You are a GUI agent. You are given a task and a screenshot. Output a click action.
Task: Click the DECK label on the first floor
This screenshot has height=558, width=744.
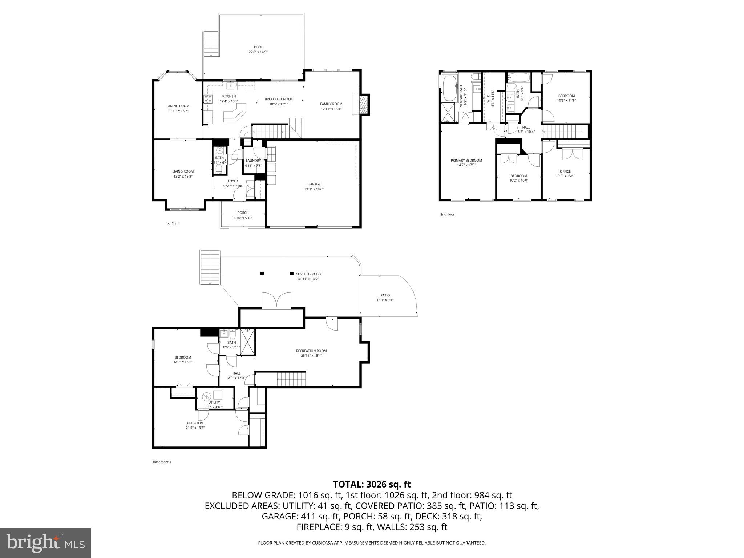[x=258, y=49]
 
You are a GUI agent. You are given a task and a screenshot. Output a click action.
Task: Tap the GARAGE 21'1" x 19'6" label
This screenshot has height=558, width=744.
[x=314, y=186]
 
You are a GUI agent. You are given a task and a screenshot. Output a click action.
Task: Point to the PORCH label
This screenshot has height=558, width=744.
[x=243, y=215]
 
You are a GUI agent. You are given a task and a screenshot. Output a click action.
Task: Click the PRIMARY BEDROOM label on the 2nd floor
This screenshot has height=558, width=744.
[x=466, y=162]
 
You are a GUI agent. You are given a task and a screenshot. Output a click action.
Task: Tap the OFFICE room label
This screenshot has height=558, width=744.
[x=565, y=174]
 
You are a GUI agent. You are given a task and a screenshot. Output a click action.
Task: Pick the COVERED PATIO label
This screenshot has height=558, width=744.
[x=308, y=276]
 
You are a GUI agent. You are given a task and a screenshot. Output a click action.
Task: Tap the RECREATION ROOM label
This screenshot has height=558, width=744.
[x=311, y=353]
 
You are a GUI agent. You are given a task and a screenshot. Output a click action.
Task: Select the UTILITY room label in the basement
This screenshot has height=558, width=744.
[x=214, y=404]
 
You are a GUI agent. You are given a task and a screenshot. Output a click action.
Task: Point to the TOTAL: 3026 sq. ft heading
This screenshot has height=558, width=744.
[x=372, y=484]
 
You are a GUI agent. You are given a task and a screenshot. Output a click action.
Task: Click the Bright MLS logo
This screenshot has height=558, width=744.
[x=45, y=543]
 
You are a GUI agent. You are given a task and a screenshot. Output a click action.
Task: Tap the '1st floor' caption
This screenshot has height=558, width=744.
[x=172, y=224]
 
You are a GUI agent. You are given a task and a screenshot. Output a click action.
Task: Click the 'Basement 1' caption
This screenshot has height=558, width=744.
[x=162, y=462]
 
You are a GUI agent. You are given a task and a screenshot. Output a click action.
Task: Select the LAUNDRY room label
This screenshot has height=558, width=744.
[x=253, y=163]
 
